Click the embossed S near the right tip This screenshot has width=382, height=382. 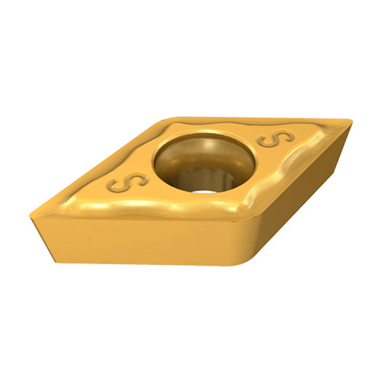point(276,138)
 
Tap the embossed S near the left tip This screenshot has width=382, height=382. point(128,183)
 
